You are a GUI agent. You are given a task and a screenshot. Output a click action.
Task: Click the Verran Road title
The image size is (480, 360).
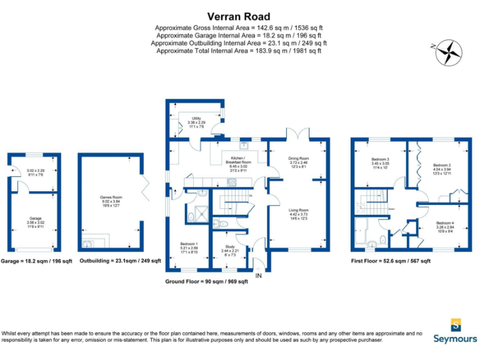(239, 17)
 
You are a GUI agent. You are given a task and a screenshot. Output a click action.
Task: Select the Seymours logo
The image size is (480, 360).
(455, 331)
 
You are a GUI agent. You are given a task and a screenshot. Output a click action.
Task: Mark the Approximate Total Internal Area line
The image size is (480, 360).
(239, 51)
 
